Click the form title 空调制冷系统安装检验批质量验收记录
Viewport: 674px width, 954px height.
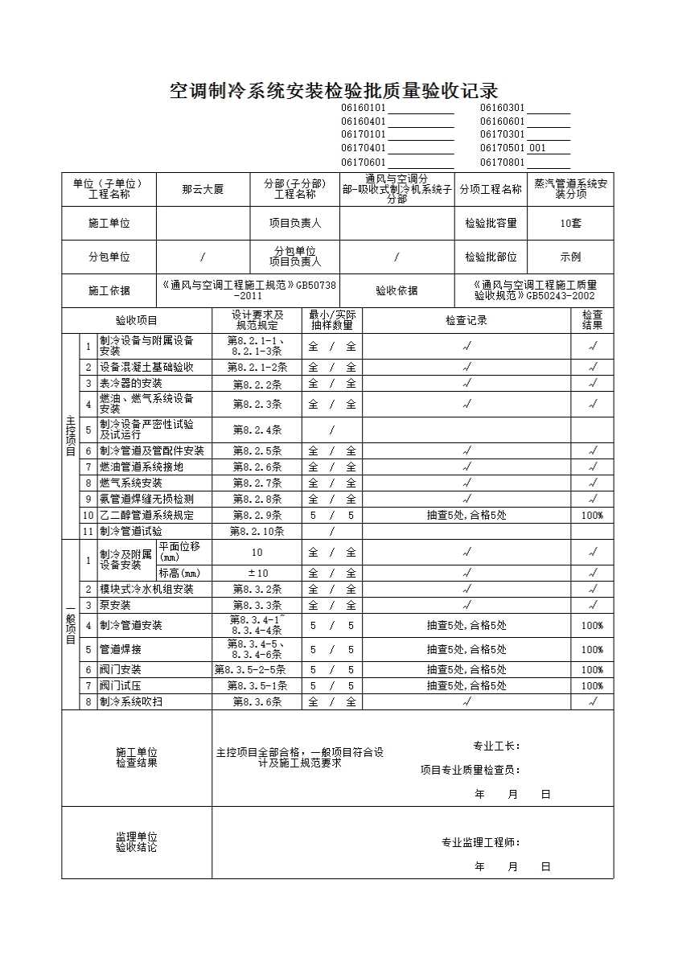(x=333, y=90)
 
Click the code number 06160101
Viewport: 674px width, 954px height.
(x=364, y=108)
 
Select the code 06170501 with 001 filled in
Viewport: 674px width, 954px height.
(x=524, y=148)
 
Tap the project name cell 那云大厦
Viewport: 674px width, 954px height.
(x=203, y=190)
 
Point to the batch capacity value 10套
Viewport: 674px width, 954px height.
(x=570, y=224)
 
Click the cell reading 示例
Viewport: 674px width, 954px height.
(x=570, y=257)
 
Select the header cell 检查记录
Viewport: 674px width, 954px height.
(x=466, y=320)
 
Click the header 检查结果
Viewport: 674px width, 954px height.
(x=592, y=320)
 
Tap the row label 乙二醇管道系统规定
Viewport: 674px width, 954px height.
(x=146, y=515)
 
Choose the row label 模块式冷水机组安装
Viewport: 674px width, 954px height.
(x=146, y=589)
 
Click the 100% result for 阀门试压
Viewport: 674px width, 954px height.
(x=592, y=686)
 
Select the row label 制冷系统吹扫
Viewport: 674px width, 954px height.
(x=130, y=701)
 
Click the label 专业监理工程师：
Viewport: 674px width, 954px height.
(x=480, y=842)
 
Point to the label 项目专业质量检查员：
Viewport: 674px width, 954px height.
(x=471, y=770)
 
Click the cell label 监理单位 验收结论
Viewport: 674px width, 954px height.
(x=137, y=842)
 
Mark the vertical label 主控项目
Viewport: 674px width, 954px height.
(x=70, y=434)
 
